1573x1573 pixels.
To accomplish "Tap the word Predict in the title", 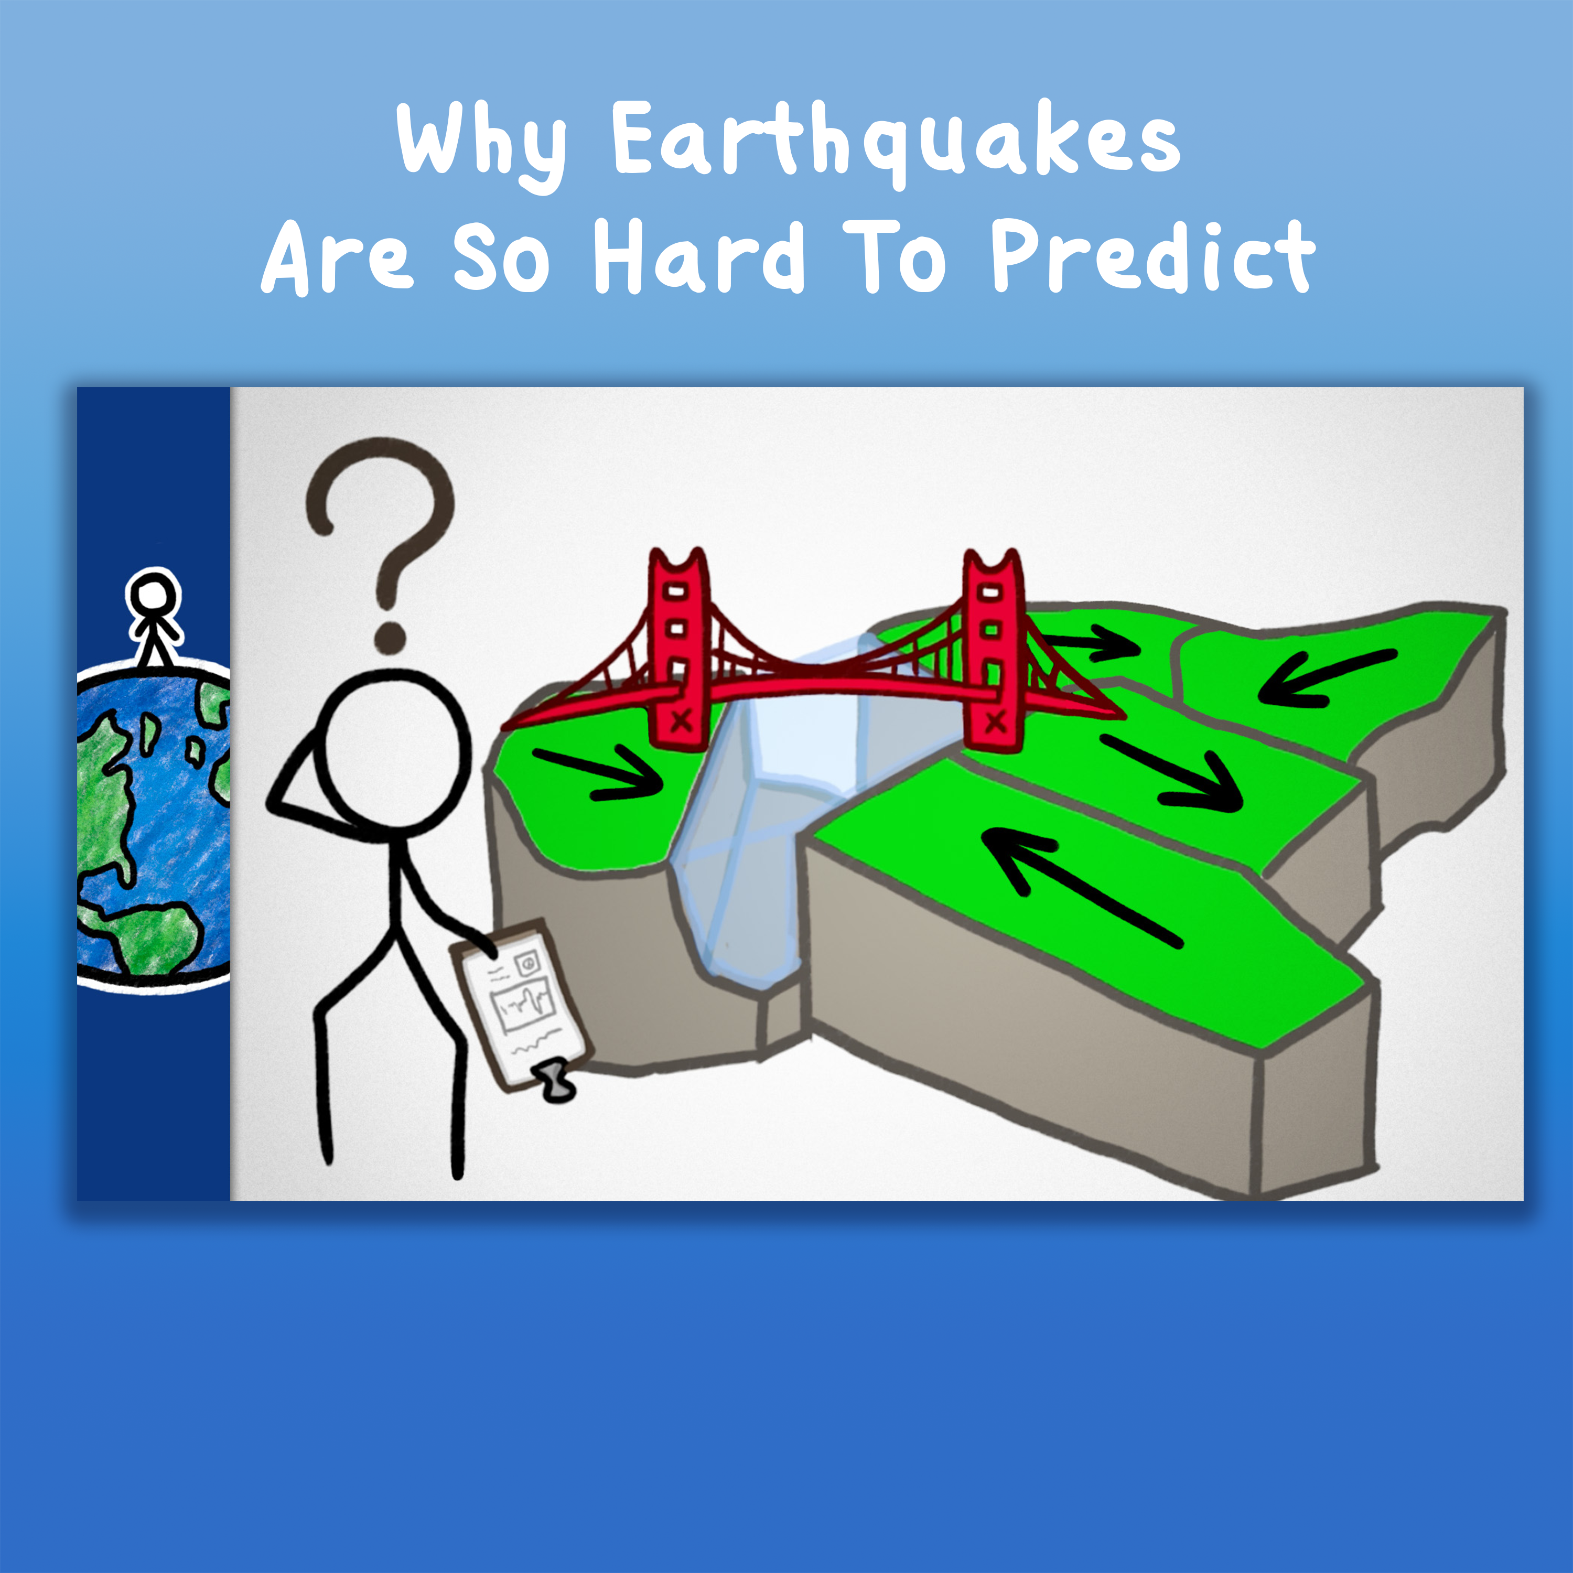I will (x=1151, y=256).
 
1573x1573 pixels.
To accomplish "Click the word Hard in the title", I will (x=698, y=256).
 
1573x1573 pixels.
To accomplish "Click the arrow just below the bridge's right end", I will (x=1172, y=773).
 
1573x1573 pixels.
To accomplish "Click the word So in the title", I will (x=501, y=256).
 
